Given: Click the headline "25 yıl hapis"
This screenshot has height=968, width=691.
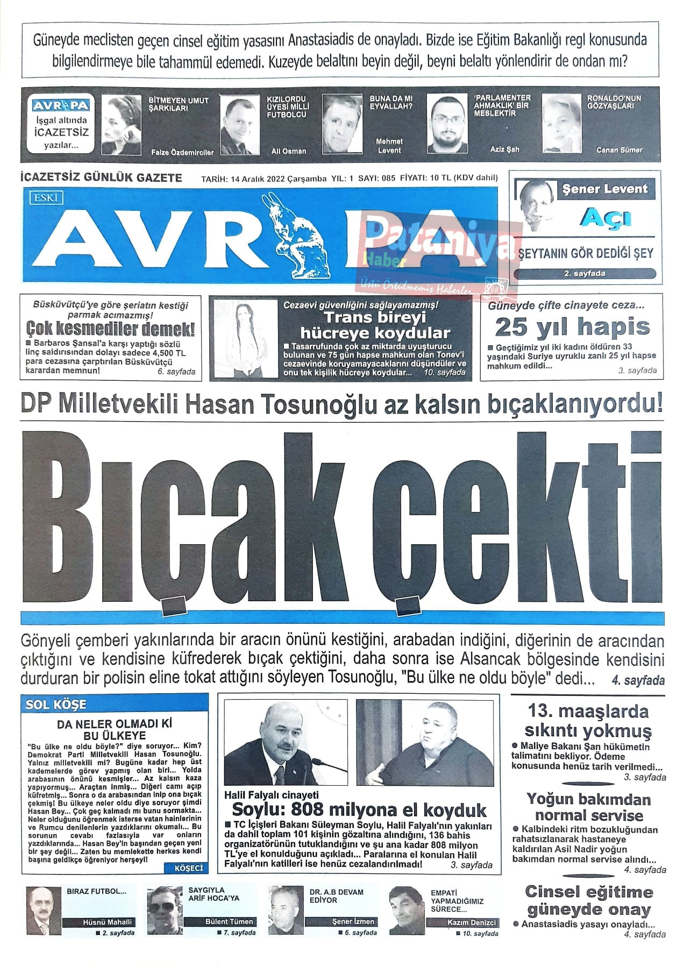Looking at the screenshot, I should [572, 327].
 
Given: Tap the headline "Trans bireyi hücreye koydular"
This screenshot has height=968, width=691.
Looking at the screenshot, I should [375, 325].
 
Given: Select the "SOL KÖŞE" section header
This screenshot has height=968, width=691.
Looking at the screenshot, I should [56, 704].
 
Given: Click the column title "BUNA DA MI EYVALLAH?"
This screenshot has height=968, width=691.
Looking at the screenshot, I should [391, 103].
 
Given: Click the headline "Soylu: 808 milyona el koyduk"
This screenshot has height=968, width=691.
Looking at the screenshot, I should [359, 810].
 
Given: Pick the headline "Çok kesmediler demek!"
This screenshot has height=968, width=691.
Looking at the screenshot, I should [110, 329].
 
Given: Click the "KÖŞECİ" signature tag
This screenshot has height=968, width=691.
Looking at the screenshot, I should [189, 868].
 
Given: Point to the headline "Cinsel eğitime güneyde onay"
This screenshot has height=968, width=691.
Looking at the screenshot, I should [589, 901].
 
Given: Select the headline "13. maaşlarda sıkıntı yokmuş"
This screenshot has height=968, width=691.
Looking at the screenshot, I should [588, 721].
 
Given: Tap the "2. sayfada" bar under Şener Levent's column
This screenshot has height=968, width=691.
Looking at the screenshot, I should [585, 274].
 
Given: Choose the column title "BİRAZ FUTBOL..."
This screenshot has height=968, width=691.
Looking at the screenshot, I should [96, 891].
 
